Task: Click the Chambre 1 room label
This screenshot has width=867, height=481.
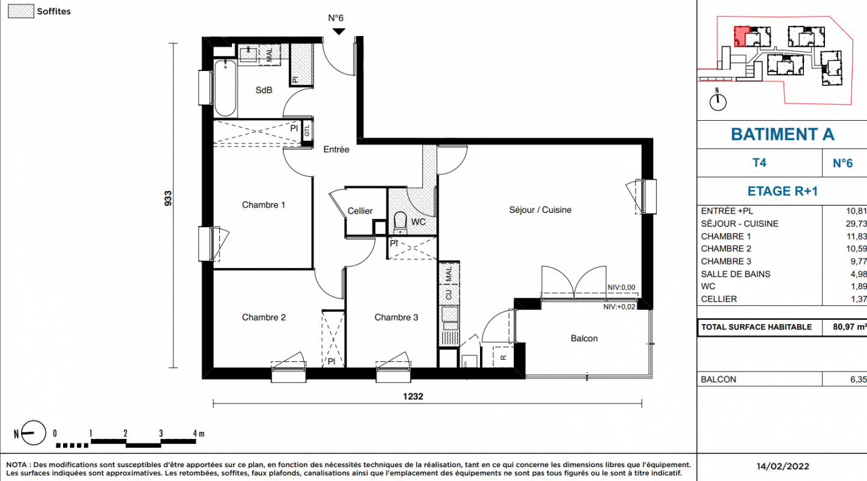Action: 264,205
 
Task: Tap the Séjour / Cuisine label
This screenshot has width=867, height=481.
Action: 540,210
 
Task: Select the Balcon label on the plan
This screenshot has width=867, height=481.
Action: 584,339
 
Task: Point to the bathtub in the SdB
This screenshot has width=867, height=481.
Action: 225,88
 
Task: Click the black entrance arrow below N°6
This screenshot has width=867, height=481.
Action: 339,31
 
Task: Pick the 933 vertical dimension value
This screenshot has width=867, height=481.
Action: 168,198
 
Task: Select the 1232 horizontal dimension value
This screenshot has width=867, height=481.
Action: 413,396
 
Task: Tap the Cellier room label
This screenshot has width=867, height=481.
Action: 360,211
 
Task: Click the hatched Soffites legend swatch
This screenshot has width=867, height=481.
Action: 21,11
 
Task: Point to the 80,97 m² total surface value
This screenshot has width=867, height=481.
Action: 850,327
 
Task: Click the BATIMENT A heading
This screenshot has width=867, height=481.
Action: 782,135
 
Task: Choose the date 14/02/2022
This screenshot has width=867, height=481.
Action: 783,467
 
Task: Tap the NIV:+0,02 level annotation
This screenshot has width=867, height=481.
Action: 619,307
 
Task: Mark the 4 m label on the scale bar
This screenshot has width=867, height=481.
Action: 198,434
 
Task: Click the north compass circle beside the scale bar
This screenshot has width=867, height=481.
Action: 34,432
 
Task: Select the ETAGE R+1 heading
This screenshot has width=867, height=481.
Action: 782,191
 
